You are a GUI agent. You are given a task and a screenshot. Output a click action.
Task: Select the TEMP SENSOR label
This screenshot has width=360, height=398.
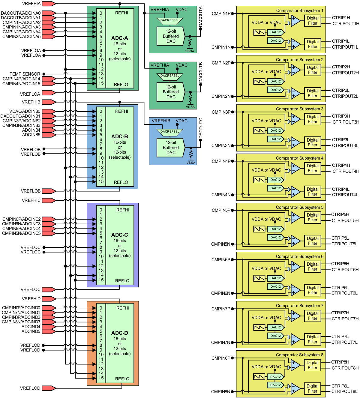25,74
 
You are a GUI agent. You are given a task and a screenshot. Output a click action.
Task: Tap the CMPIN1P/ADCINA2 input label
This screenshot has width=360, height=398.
21,22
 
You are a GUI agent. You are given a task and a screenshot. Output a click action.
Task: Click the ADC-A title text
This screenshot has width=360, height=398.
119,38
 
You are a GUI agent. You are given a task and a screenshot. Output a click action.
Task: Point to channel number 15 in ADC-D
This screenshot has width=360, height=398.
101,378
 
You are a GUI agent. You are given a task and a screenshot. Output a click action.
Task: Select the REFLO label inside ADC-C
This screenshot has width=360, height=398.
122,281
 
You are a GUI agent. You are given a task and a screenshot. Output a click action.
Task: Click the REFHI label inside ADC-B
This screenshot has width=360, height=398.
121,111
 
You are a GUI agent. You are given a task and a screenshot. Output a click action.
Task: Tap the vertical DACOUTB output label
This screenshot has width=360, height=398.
201,73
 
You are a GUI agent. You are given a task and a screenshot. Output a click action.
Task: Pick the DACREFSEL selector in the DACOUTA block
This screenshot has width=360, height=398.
170,20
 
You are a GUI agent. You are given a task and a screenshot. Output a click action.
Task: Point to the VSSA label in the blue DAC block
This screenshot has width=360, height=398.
191,163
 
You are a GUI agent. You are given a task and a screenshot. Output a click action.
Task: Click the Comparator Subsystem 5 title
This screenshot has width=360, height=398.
299,207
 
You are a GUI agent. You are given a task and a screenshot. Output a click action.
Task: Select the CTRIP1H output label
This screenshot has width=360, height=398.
341,18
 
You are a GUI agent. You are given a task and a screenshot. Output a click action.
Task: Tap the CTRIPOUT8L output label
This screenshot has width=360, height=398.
344,391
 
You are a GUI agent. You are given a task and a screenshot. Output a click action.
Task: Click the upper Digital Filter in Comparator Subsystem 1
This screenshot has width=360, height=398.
313,21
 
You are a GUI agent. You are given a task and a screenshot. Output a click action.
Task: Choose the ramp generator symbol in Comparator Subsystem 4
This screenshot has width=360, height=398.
259,180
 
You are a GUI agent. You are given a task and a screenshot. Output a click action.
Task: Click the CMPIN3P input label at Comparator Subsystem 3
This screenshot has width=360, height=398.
221,112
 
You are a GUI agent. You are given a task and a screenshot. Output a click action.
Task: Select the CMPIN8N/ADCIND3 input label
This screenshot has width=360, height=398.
21,322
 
